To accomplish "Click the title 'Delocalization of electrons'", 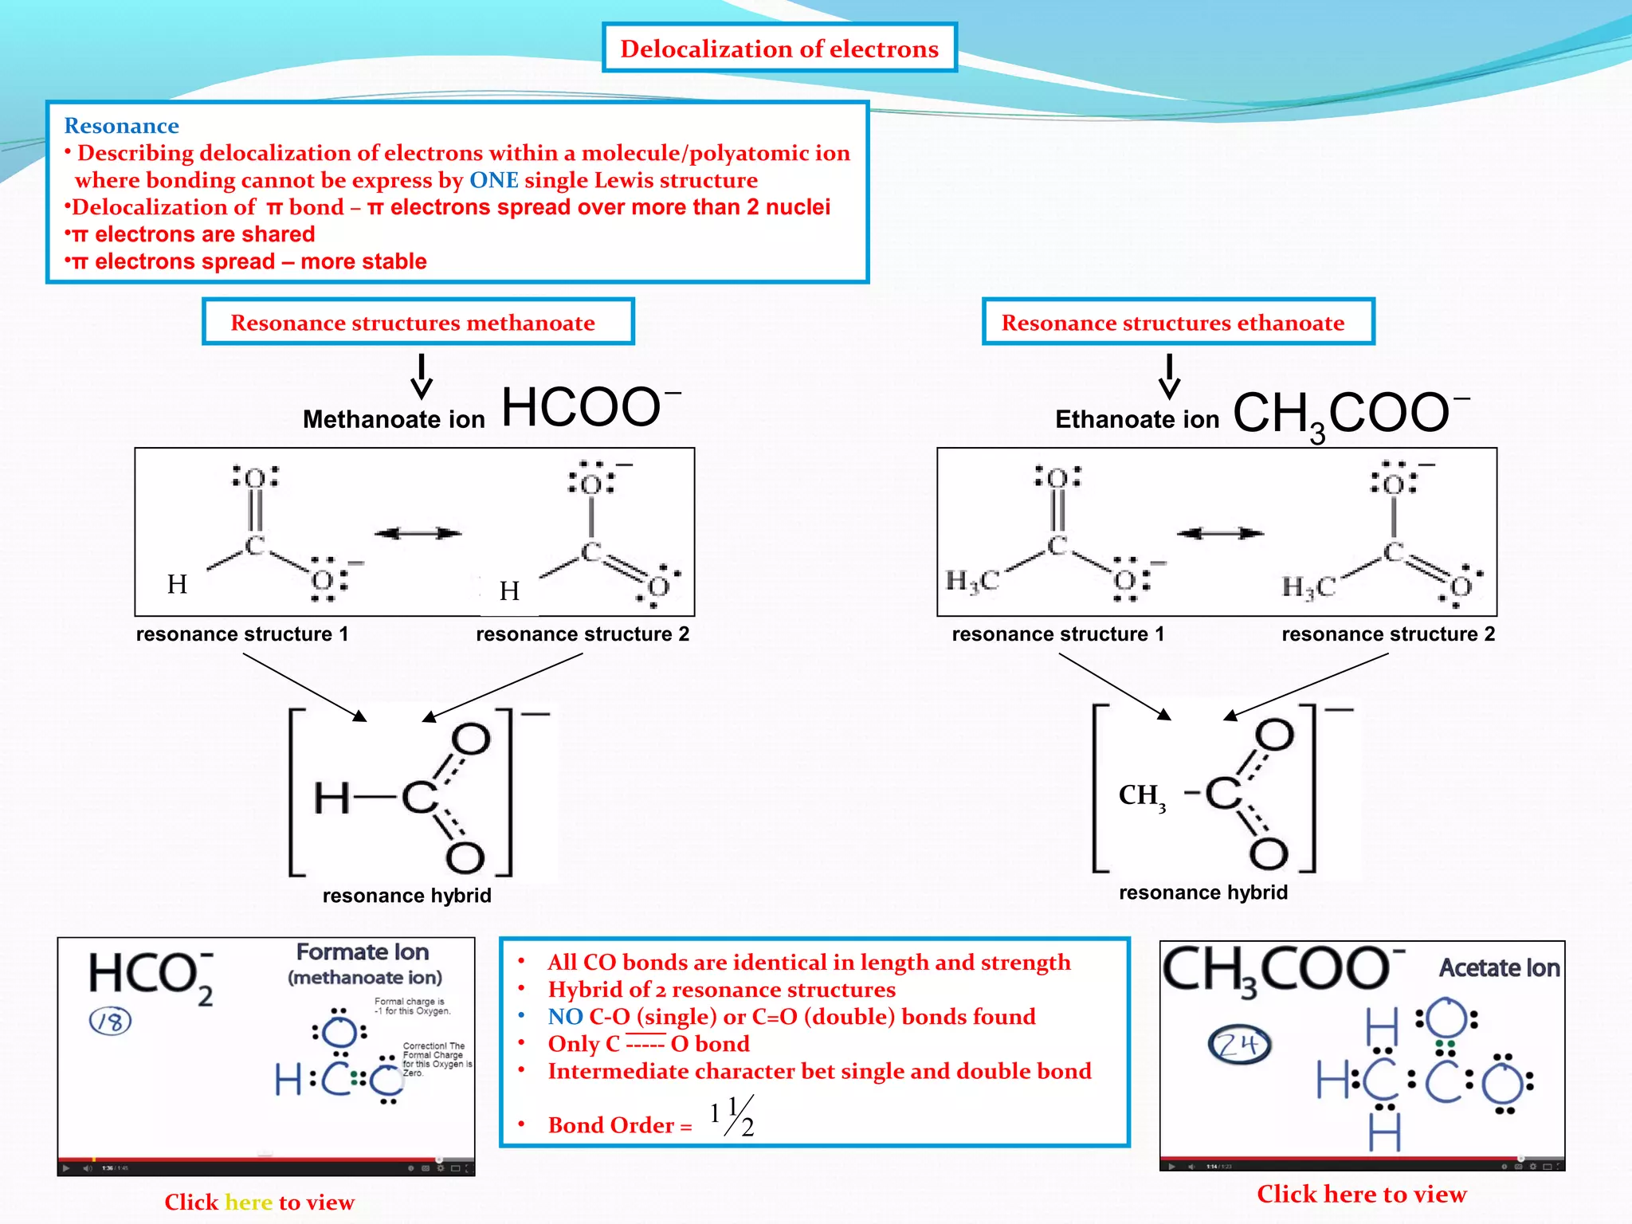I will pyautogui.click(x=779, y=49).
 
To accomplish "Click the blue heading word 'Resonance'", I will pyautogui.click(x=121, y=126).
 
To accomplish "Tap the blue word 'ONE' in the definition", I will pyautogui.click(x=493, y=180).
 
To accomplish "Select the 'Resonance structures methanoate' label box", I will pyautogui.click(x=418, y=322).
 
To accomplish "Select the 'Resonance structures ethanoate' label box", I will pyautogui.click(x=1178, y=322).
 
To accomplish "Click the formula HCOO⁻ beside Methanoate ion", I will pyautogui.click(x=590, y=407).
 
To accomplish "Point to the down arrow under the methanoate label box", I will pyautogui.click(x=422, y=377).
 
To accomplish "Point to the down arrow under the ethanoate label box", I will pyautogui.click(x=1169, y=377).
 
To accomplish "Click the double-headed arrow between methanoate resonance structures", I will pyautogui.click(x=418, y=533).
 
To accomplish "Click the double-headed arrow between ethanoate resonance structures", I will pyautogui.click(x=1220, y=533).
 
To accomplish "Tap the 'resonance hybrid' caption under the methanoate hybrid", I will pyautogui.click(x=406, y=896).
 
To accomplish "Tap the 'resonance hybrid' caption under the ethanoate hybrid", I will pyautogui.click(x=1202, y=892).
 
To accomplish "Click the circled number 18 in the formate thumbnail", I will pyautogui.click(x=110, y=1021).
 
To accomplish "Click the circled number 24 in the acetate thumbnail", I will pyautogui.click(x=1239, y=1045).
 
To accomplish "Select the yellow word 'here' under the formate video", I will pyautogui.click(x=249, y=1202).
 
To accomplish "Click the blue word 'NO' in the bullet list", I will pyautogui.click(x=565, y=1017).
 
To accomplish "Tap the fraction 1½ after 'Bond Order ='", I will pyautogui.click(x=732, y=1116).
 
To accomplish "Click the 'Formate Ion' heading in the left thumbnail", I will pyautogui.click(x=363, y=952).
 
